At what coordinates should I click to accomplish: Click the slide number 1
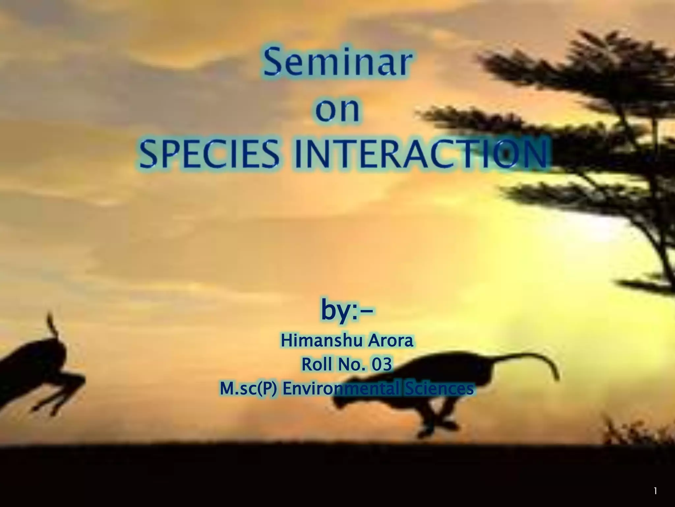coord(656,491)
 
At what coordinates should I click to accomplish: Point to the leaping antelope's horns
coord(51,323)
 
